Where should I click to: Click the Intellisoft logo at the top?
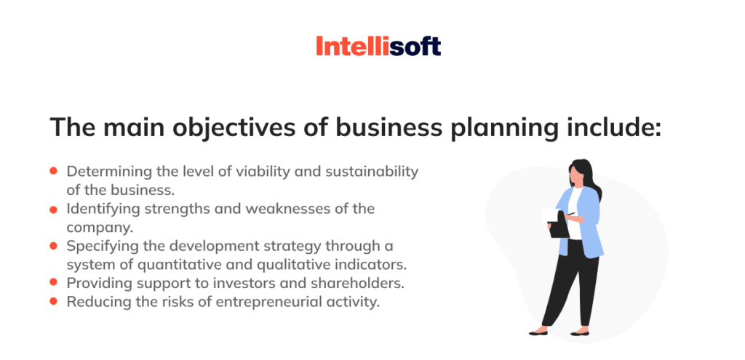point(378,47)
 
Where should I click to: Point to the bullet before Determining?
point(53,171)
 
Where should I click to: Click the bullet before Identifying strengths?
point(53,209)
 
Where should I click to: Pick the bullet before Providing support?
point(53,281)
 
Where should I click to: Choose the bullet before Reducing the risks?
point(53,300)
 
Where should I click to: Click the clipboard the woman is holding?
point(557,224)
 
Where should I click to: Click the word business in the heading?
point(367,127)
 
